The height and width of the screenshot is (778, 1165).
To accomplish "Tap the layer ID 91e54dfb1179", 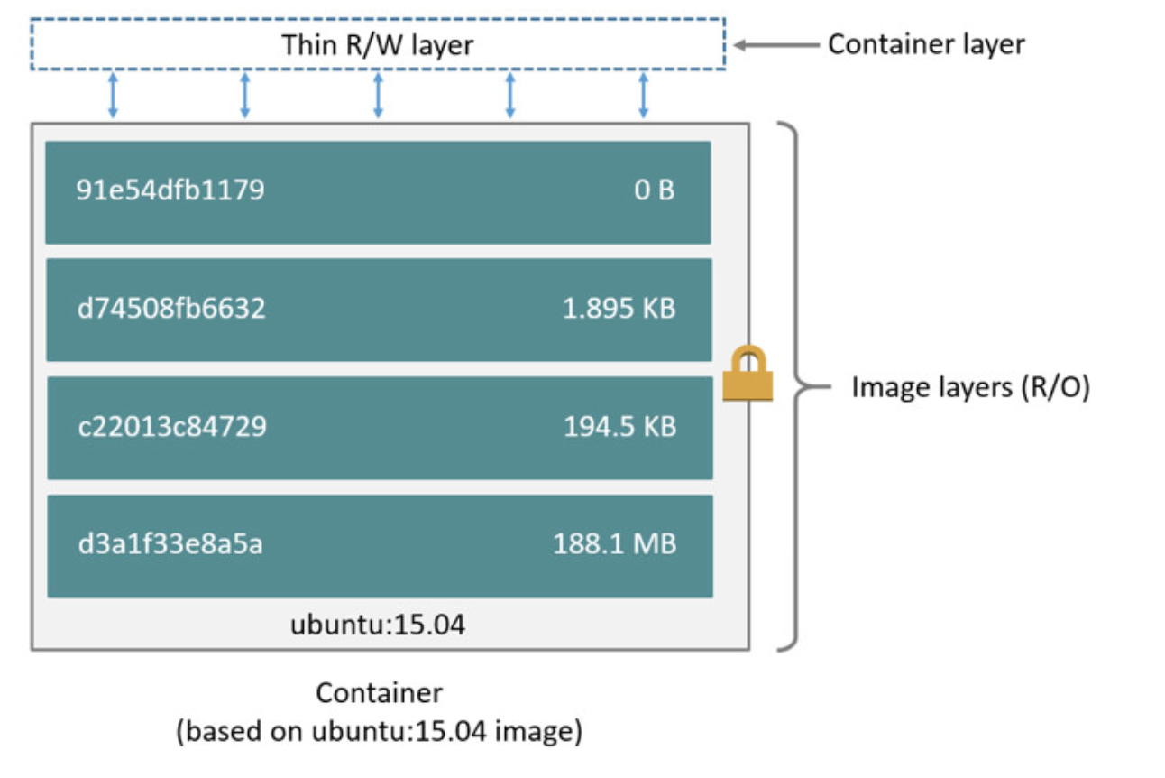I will click(x=170, y=191).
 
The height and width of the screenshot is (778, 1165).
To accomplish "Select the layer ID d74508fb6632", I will click(x=171, y=309).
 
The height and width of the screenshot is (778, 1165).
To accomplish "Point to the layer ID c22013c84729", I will click(x=172, y=426).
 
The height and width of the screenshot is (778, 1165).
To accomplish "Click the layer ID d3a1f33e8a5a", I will click(x=170, y=544).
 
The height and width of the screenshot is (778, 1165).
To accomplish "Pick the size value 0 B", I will click(x=655, y=191).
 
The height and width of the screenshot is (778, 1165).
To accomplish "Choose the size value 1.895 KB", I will click(x=619, y=309).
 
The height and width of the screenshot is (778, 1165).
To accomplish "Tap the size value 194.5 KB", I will click(x=620, y=426).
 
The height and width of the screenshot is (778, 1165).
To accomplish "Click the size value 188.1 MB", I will click(x=615, y=544).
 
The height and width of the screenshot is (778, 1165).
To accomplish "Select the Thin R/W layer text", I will click(x=377, y=44).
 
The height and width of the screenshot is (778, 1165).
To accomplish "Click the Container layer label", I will click(x=926, y=44).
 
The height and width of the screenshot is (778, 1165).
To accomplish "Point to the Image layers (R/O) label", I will click(x=971, y=389).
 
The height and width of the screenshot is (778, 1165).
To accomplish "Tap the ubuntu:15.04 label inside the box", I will click(x=378, y=624).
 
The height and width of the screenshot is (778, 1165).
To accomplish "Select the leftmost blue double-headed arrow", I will click(x=113, y=97).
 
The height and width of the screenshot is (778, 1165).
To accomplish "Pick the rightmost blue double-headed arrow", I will click(x=643, y=97).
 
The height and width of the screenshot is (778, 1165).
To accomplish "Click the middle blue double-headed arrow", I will click(x=378, y=97).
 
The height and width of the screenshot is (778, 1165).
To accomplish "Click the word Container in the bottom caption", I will click(x=379, y=693).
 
